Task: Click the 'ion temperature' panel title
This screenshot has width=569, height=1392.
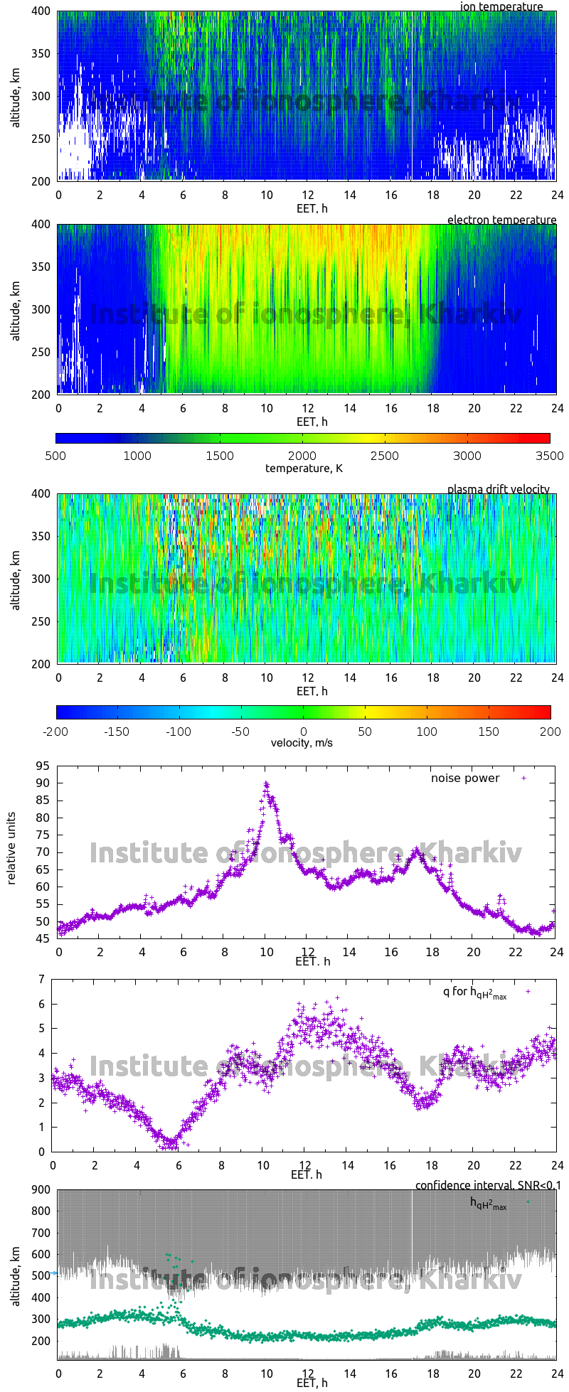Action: coord(501,7)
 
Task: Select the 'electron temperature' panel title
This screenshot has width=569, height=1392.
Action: coord(501,220)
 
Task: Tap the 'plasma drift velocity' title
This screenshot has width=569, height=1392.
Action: coord(498,489)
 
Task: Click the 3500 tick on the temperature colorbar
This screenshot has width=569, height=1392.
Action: coord(548,456)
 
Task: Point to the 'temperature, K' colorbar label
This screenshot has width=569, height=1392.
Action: coord(304,468)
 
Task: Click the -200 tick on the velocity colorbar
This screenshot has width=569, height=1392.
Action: coord(57,731)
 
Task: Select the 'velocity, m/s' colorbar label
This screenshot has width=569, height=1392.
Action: coord(302,743)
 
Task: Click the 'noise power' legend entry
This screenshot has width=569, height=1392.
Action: coord(465,778)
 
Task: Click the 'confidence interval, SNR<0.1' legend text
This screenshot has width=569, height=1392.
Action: coord(488,1185)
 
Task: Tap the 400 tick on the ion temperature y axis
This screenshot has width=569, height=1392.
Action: coord(41,11)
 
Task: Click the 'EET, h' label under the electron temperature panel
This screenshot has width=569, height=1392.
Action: coord(312,422)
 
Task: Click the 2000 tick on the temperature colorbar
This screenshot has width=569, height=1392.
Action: coord(302,456)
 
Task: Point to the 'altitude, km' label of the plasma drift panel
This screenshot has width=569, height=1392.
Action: coord(16,578)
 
